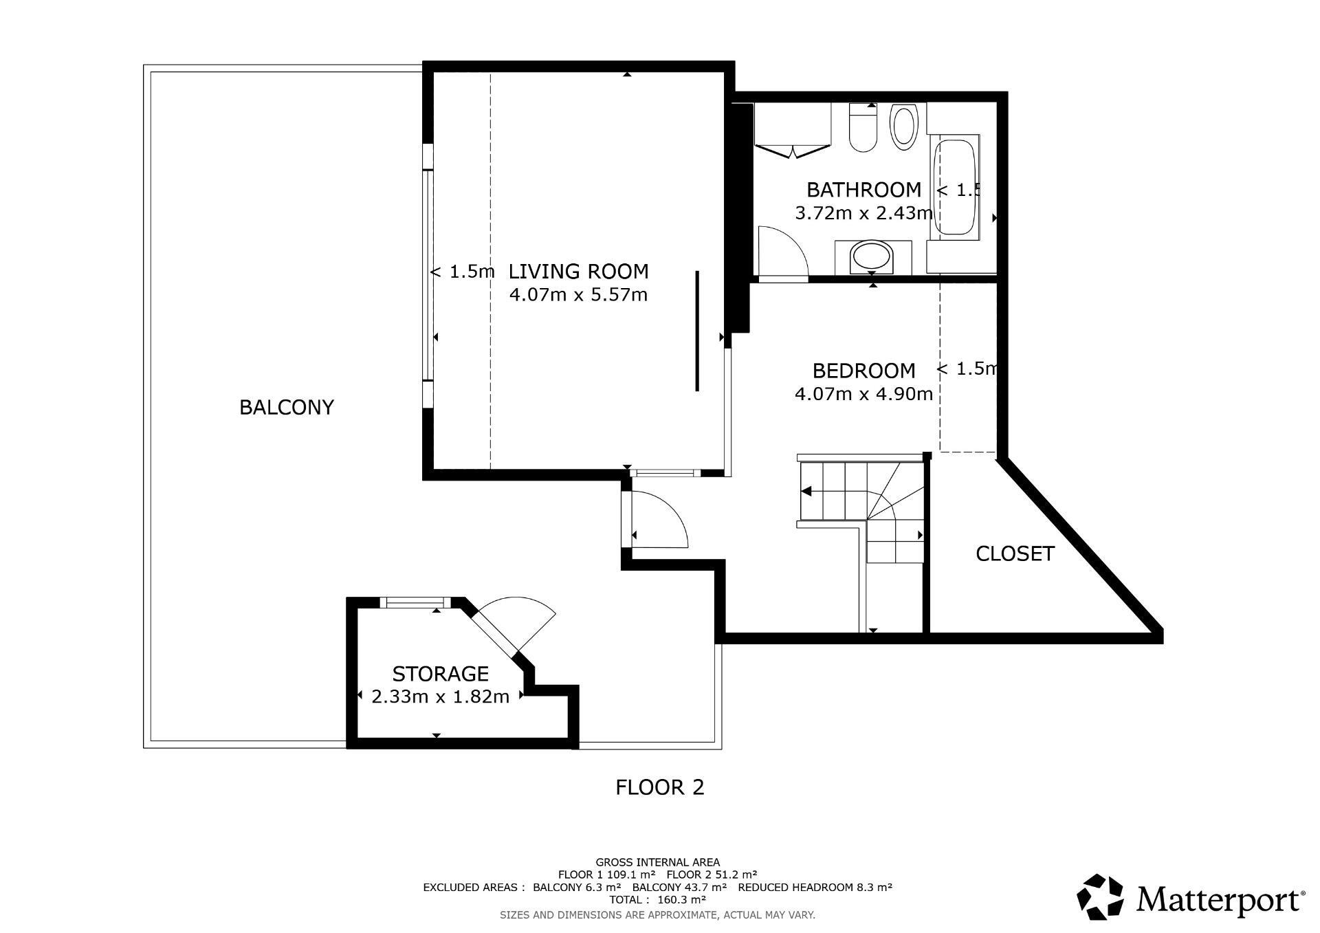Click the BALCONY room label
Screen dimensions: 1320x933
pyautogui.click(x=287, y=407)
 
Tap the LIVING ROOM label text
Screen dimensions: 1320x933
pyautogui.click(x=578, y=272)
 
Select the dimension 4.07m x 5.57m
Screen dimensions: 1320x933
pyautogui.click(x=578, y=295)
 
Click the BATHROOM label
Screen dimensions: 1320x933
pyautogui.click(x=863, y=189)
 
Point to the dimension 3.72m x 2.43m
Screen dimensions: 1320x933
pyautogui.click(x=863, y=213)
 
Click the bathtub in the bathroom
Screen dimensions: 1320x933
pyautogui.click(x=955, y=188)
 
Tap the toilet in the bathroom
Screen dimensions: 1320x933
pyautogui.click(x=863, y=128)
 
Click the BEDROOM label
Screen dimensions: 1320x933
pyautogui.click(x=863, y=371)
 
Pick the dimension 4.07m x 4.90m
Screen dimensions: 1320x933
pyautogui.click(x=863, y=394)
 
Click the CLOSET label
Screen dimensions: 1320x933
pyautogui.click(x=1015, y=553)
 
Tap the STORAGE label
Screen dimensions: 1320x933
pyautogui.click(x=440, y=673)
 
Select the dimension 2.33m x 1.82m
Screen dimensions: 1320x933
pyautogui.click(x=440, y=696)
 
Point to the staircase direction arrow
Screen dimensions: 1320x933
pyautogui.click(x=806, y=491)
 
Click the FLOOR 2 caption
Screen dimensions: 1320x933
pyautogui.click(x=660, y=787)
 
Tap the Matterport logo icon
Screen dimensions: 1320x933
pyautogui.click(x=1100, y=897)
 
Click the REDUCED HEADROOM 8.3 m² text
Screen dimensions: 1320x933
pyautogui.click(x=815, y=887)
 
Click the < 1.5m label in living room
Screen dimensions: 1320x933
pyautogui.click(x=462, y=272)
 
